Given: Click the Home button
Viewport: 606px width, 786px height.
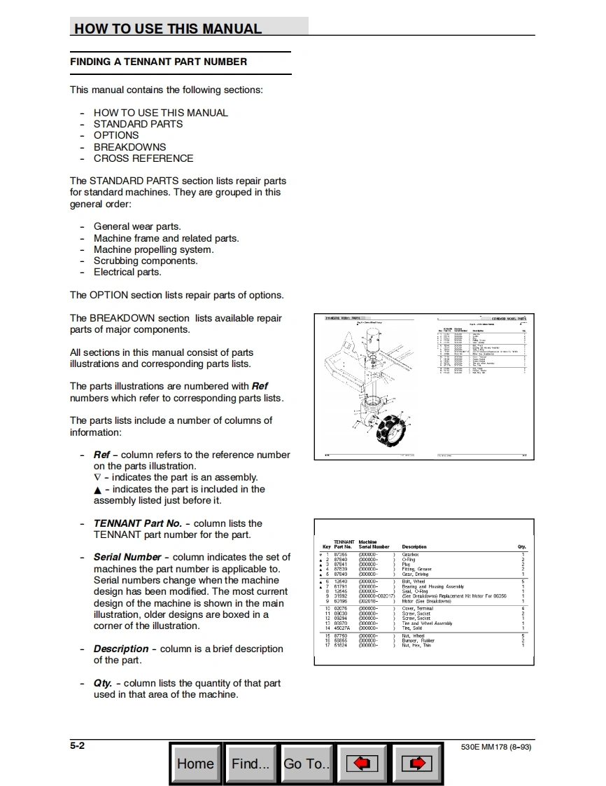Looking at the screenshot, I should click(195, 763).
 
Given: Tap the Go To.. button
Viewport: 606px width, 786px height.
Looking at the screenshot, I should click(306, 763).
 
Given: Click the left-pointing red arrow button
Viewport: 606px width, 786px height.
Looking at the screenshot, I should click(362, 763).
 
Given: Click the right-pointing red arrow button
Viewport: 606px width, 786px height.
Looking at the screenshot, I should click(418, 763).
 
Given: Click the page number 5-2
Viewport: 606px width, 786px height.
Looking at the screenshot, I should click(77, 746).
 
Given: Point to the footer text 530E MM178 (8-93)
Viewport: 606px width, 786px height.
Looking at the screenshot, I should click(496, 747).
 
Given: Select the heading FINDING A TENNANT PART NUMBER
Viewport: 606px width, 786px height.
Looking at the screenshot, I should click(158, 62).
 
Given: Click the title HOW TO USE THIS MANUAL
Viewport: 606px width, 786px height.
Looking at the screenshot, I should click(168, 29).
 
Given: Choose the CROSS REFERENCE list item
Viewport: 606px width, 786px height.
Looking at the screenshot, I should click(143, 158).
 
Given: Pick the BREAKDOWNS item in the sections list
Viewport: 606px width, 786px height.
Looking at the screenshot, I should click(129, 147).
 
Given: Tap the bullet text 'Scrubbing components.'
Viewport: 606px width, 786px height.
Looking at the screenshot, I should click(146, 261).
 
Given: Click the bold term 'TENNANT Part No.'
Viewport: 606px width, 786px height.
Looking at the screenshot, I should click(138, 523).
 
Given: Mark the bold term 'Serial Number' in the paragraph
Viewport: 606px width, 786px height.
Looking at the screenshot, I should click(127, 558).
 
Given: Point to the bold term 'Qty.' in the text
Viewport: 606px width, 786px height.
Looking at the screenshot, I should click(102, 683).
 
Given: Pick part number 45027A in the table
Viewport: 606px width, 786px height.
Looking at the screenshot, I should click(341, 628).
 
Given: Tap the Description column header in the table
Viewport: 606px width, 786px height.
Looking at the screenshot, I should click(414, 546).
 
